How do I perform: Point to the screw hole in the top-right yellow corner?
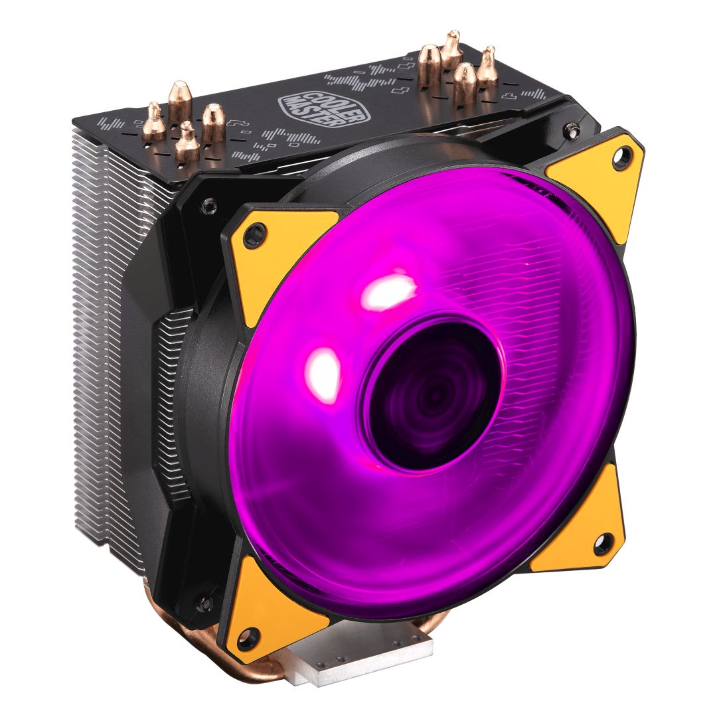pyautogui.click(x=623, y=157)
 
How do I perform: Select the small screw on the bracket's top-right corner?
pyautogui.click(x=569, y=130)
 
